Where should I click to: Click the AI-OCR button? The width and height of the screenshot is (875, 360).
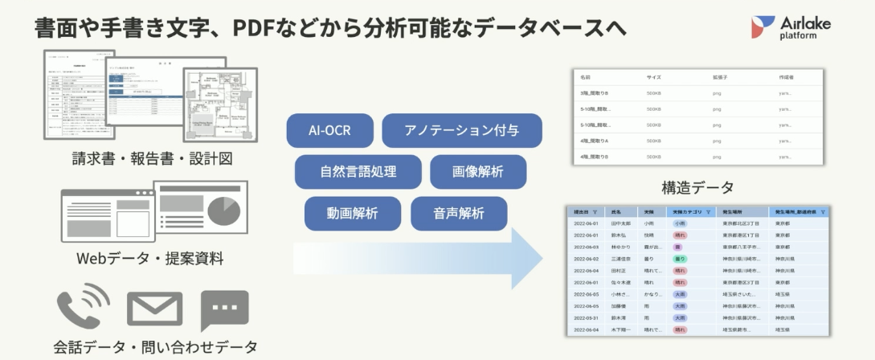[x=329, y=130]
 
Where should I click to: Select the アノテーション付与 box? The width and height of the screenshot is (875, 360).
[x=461, y=130]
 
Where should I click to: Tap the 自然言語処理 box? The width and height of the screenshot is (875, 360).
[x=358, y=171]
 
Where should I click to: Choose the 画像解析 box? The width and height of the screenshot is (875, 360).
[x=478, y=171]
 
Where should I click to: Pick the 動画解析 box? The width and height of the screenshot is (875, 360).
[x=352, y=213]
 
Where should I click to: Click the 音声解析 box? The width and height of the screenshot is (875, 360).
[x=459, y=213]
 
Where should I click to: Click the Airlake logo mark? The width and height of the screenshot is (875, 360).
[x=762, y=27]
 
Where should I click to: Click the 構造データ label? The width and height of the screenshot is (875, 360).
[x=697, y=188]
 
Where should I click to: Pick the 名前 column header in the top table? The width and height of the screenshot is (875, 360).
[x=586, y=77]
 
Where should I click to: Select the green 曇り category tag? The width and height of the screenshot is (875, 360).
[x=679, y=259]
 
